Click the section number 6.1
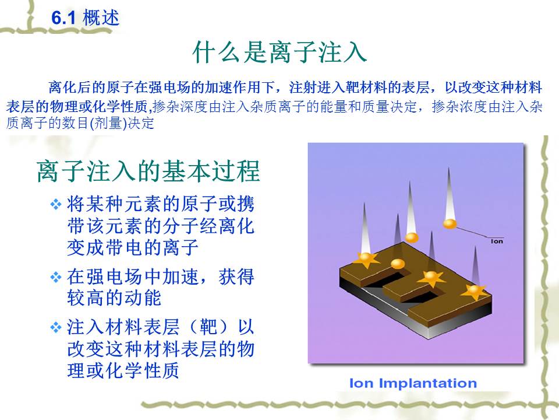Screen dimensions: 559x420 [63, 18]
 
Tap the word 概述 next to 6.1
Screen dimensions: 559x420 [101, 17]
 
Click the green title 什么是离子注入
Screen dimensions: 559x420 [279, 52]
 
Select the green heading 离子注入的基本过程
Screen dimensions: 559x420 [148, 171]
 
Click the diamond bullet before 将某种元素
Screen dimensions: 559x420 [56, 205]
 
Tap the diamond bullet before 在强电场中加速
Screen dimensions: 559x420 [56, 277]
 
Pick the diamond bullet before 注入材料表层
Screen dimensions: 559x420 [56, 327]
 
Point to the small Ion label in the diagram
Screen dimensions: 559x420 [497, 242]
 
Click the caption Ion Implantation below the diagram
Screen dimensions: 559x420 [413, 383]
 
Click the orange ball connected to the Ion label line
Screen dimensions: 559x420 [450, 224]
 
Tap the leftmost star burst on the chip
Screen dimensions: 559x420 [366, 260]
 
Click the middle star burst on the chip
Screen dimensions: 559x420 [431, 278]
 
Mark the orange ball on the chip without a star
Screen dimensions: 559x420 [398, 264]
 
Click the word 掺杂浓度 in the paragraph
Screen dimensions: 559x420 [459, 106]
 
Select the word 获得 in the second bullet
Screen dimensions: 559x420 [236, 276]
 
